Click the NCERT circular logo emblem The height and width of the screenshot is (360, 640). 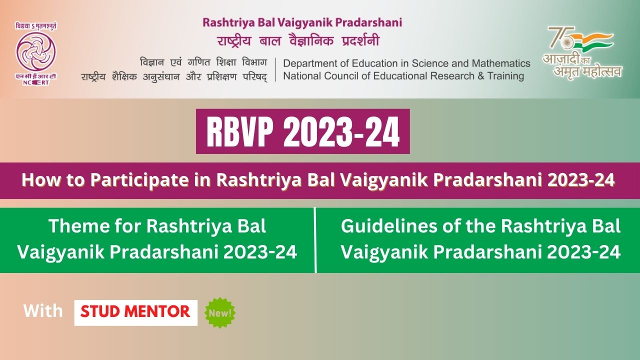[35, 51]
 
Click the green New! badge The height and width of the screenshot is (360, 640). [220, 313]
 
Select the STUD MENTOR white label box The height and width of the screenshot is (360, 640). [135, 312]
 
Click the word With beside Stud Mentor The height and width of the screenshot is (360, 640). [43, 311]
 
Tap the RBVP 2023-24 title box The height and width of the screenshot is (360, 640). [302, 131]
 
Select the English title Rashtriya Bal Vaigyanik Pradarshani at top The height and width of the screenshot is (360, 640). [302, 22]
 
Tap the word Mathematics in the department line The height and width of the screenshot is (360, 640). [500, 63]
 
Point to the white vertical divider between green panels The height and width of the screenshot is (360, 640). [315, 240]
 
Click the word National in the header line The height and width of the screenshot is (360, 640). [301, 76]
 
